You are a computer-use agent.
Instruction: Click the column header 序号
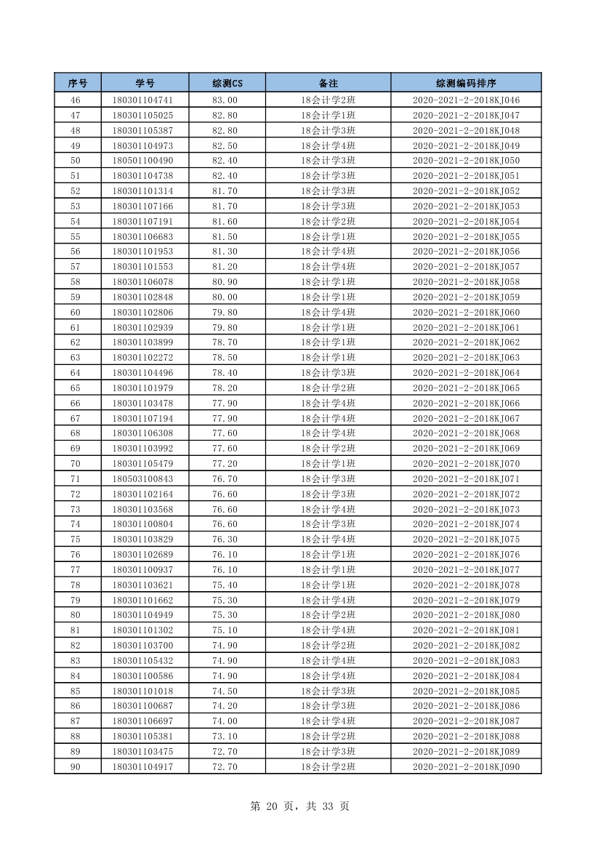tap(78, 83)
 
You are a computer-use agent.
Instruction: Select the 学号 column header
tap(145, 83)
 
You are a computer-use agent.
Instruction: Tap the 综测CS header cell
tap(227, 83)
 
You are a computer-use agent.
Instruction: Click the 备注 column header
tap(328, 83)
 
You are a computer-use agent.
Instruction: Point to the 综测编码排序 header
tap(466, 83)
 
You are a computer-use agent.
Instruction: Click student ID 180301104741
tap(142, 100)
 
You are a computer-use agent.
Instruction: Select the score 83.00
tap(225, 100)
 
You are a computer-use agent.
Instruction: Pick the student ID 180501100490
tap(142, 161)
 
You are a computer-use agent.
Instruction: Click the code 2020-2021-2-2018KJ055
tap(466, 236)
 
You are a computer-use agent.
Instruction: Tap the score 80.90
tap(225, 282)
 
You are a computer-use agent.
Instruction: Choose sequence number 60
tap(76, 313)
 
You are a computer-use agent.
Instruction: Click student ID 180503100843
tap(142, 479)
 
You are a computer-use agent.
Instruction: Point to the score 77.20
tap(225, 464)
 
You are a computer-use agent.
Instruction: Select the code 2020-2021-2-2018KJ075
tap(466, 540)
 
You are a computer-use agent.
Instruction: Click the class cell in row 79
tap(328, 600)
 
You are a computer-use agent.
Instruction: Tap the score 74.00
tap(225, 721)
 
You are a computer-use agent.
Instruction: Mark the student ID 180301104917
tap(142, 766)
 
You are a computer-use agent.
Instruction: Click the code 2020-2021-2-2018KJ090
tap(466, 766)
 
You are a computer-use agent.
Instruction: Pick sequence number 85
tap(76, 691)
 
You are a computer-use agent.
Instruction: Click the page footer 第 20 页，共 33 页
tap(299, 806)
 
